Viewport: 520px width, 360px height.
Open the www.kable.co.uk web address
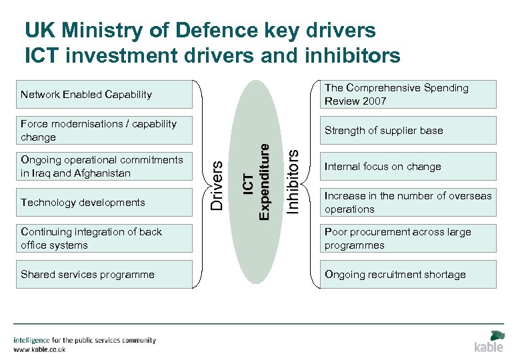[x=40, y=349]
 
